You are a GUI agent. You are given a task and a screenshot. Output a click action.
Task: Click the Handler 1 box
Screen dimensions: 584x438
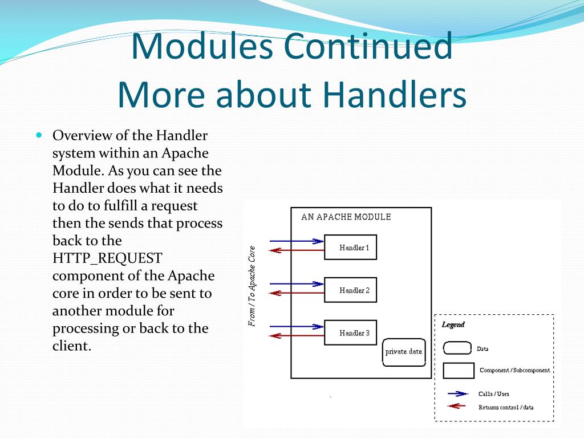351,248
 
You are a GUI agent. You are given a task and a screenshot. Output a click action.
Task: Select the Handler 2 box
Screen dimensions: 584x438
351,290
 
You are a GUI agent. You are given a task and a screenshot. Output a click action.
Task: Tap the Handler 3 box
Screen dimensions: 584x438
351,332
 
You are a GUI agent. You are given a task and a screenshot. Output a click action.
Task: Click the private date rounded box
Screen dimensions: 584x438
404,352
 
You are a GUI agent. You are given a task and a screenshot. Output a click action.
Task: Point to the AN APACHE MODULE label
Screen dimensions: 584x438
346,217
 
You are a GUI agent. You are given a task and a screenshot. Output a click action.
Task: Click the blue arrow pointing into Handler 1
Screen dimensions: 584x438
297,241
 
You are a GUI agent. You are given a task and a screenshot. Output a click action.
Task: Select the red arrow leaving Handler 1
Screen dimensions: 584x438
297,250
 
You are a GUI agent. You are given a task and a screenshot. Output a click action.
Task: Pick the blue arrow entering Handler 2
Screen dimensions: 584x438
297,284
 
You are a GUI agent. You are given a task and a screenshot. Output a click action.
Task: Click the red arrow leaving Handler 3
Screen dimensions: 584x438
297,336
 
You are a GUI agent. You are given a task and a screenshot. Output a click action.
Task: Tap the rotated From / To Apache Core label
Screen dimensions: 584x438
252,286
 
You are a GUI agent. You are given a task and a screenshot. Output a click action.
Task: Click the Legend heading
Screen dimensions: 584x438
453,325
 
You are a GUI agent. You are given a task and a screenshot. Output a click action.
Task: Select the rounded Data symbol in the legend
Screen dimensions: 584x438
457,348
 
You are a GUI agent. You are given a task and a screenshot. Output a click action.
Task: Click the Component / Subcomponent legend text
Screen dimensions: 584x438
515,370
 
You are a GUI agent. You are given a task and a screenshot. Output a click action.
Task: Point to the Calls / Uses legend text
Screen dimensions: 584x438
493,394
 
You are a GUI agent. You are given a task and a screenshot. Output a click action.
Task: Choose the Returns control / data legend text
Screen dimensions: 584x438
506,407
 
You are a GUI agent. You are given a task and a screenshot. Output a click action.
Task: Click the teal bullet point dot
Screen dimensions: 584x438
39,135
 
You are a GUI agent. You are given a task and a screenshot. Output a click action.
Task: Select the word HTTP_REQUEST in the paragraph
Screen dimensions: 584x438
107,258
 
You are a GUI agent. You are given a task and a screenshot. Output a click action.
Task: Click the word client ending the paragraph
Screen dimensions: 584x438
72,346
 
